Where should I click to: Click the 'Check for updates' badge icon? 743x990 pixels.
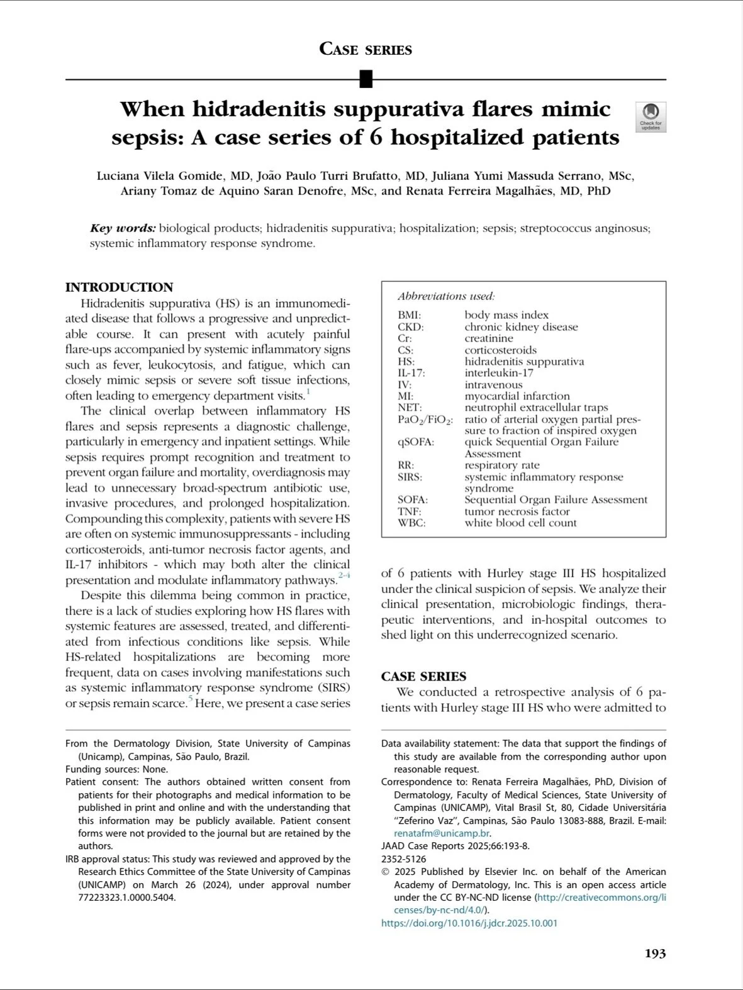coord(651,116)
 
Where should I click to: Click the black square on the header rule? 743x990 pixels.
coord(366,79)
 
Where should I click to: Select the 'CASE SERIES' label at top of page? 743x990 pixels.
coord(366,49)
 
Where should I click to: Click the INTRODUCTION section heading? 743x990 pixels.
coord(119,287)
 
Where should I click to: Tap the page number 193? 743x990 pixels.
coord(655,954)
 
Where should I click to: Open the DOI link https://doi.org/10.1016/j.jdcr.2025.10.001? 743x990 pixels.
coord(469,923)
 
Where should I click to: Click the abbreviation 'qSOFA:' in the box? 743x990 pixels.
coord(416,442)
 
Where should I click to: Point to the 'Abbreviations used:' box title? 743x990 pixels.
coord(446,296)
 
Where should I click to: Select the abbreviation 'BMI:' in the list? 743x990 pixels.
coord(410,315)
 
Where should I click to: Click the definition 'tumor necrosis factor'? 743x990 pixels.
coord(517,511)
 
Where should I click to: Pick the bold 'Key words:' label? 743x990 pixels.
coord(123,228)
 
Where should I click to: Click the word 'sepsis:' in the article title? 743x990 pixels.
coord(147,137)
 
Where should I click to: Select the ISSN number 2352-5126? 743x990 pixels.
coord(403,859)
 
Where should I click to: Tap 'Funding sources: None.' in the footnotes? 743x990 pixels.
coord(116,769)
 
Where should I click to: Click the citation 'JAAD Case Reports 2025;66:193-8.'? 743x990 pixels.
coord(455,846)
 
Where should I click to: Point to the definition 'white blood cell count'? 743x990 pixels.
coord(520,523)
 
